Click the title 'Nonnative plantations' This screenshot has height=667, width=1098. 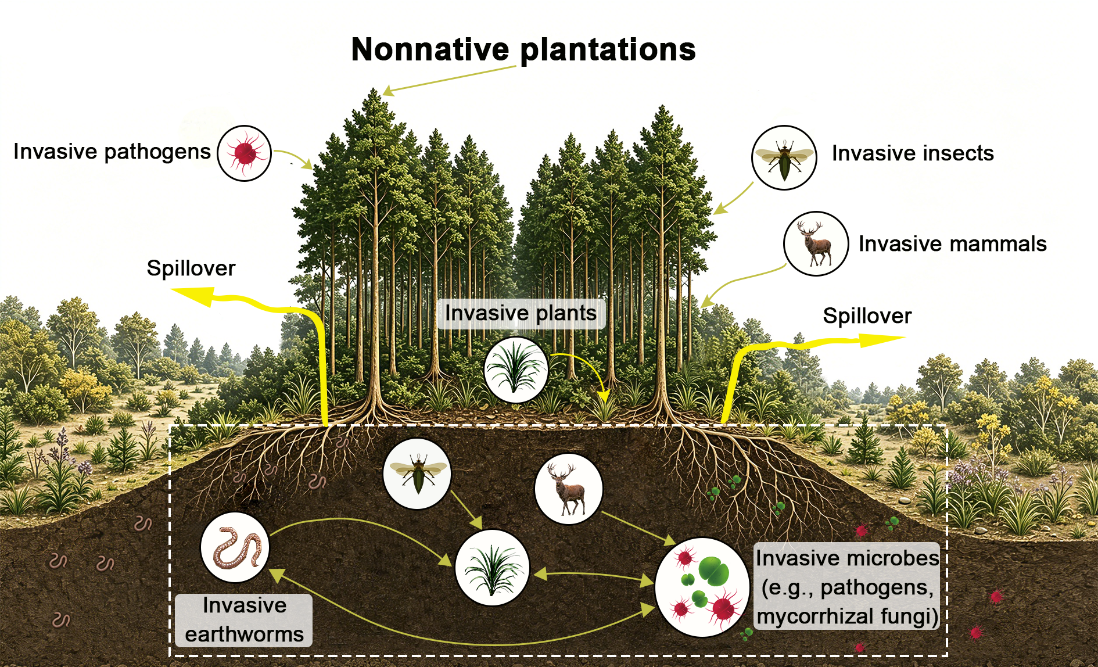(523, 50)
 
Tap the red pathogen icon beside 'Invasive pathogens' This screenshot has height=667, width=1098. (245, 153)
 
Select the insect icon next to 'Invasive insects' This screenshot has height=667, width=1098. (784, 157)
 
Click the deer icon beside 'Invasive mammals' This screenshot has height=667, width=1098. (816, 243)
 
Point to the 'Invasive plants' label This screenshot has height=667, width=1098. (521, 314)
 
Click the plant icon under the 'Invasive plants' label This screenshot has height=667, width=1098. (516, 370)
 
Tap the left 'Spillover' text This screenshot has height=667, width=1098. (191, 268)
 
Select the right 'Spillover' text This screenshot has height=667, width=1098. (867, 316)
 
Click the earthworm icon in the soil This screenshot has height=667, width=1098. (235, 547)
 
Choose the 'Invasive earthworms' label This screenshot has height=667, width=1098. (244, 620)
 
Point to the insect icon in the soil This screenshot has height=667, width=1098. (417, 474)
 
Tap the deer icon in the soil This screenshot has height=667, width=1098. (568, 489)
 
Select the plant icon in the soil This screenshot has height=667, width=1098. (492, 568)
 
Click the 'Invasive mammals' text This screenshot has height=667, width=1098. (953, 244)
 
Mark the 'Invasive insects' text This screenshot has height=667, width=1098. (913, 153)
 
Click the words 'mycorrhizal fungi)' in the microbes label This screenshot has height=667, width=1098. (848, 616)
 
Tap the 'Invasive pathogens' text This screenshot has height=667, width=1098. (112, 152)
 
